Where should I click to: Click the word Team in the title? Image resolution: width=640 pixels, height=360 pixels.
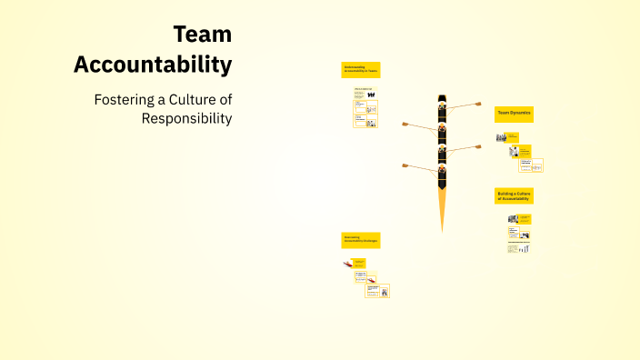click(x=202, y=35)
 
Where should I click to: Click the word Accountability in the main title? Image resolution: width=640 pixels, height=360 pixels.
click(x=153, y=65)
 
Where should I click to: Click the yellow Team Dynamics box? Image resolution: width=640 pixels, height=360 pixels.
click(x=514, y=115)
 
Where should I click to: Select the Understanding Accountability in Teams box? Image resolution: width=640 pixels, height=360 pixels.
click(x=361, y=69)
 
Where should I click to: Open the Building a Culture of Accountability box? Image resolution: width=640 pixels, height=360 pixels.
click(x=514, y=195)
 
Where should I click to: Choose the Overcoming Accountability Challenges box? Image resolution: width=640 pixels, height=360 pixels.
click(x=361, y=240)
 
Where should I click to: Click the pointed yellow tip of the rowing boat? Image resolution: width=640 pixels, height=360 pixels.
click(x=443, y=224)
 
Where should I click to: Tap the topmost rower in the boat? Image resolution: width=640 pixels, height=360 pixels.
click(x=443, y=106)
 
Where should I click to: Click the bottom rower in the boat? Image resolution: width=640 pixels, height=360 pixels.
click(x=443, y=170)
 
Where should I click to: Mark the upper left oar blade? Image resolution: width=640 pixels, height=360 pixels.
click(x=405, y=125)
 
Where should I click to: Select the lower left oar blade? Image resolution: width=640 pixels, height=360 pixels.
click(x=406, y=165)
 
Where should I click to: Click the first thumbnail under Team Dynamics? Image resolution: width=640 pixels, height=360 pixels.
click(x=502, y=137)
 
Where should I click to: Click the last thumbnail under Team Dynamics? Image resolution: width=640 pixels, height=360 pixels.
click(x=536, y=165)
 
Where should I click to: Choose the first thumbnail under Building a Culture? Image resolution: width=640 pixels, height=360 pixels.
click(x=514, y=218)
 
